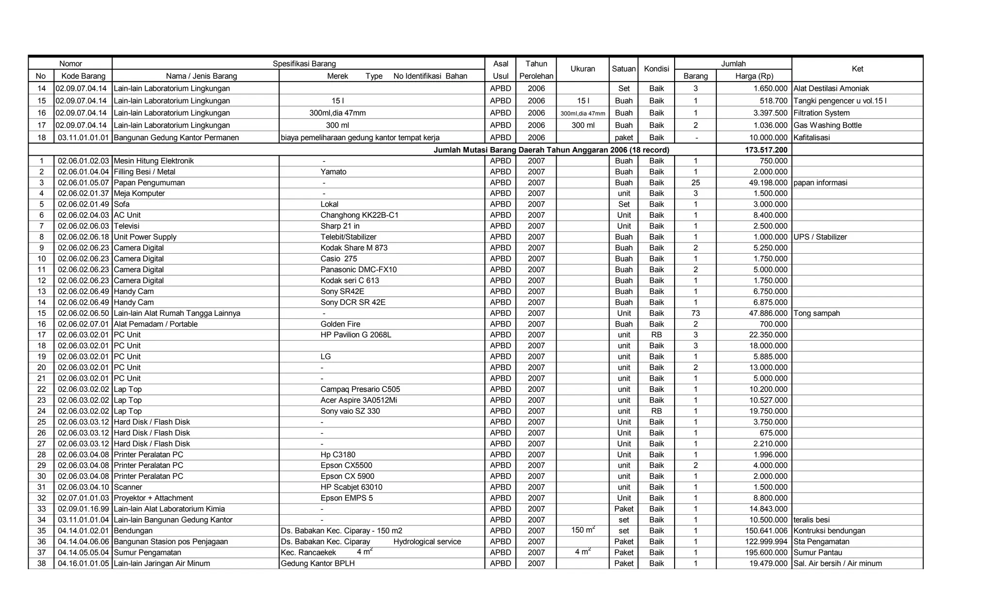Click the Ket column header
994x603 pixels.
(x=857, y=69)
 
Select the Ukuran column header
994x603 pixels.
(x=582, y=69)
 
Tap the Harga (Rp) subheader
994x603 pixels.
(x=754, y=76)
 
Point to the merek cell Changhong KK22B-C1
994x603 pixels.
(x=359, y=215)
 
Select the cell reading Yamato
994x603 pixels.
(x=333, y=172)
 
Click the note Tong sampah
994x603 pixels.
(x=816, y=313)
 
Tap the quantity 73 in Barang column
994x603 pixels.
(x=696, y=313)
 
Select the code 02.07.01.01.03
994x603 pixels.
(x=83, y=498)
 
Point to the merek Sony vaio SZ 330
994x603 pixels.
(x=350, y=411)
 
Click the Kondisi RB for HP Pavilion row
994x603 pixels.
(x=656, y=335)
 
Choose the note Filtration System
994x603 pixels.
(x=821, y=113)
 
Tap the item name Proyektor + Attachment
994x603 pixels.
(x=153, y=498)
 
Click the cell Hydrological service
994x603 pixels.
(x=427, y=542)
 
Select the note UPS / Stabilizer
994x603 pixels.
(x=820, y=237)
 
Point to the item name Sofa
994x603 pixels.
(x=121, y=204)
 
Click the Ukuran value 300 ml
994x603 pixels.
(x=582, y=125)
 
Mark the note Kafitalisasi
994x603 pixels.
(x=812, y=138)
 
